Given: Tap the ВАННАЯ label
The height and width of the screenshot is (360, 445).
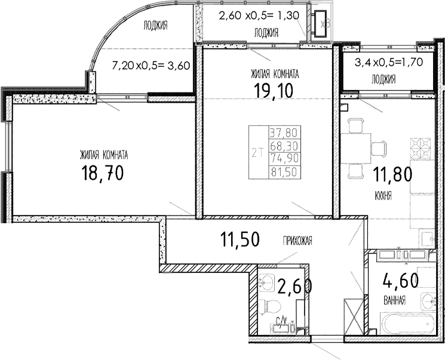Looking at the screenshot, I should (x=395, y=301).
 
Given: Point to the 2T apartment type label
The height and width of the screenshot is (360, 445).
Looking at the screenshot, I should (x=258, y=153).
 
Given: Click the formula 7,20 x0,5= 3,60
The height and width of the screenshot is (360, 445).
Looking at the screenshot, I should (x=151, y=66).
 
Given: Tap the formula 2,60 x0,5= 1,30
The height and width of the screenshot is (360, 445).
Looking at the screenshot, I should (x=258, y=17).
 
